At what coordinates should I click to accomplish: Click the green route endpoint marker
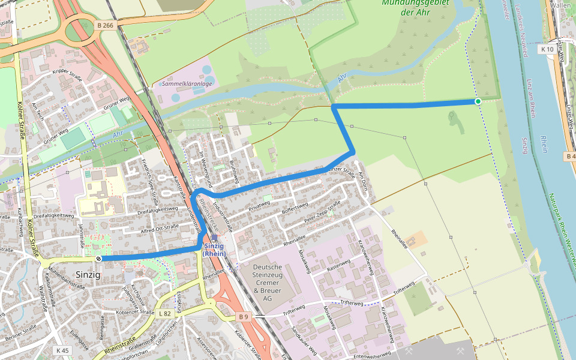[478, 101]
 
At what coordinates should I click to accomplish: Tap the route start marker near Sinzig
[98, 259]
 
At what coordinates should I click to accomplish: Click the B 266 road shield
[104, 25]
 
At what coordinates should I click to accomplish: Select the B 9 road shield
[242, 316]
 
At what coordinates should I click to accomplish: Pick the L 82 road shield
[165, 313]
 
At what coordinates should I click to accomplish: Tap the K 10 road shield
[546, 49]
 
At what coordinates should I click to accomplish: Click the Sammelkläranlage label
[186, 84]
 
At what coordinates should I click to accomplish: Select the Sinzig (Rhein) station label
[215, 249]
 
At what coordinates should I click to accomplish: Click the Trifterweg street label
[352, 304]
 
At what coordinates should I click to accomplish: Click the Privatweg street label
[260, 207]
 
